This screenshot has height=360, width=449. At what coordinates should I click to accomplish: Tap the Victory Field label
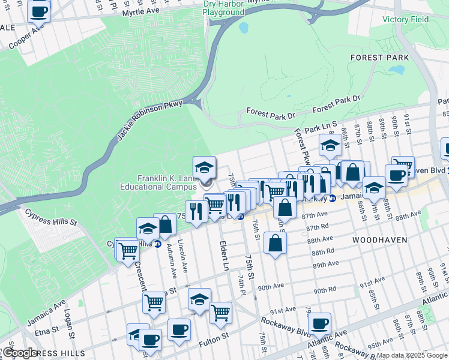pos(406,19)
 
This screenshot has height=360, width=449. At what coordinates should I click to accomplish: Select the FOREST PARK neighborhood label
pos(381,58)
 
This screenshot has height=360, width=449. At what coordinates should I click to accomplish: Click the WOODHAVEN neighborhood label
pos(379,239)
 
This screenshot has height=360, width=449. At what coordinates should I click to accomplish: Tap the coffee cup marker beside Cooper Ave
pos(39,11)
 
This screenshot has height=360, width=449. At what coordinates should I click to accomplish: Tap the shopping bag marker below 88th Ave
pos(275,244)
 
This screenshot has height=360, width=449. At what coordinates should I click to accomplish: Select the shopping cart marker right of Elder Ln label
pos(221,312)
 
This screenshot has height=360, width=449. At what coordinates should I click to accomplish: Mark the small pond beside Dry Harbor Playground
pos(243,28)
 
